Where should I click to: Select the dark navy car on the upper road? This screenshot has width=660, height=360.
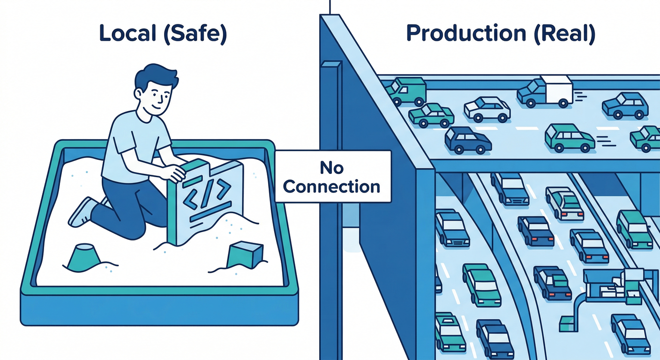click(468, 140)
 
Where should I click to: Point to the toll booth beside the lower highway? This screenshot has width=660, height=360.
click(609, 284)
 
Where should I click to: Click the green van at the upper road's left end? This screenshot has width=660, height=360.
click(406, 91)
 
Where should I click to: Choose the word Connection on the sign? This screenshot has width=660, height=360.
click(332, 186)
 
